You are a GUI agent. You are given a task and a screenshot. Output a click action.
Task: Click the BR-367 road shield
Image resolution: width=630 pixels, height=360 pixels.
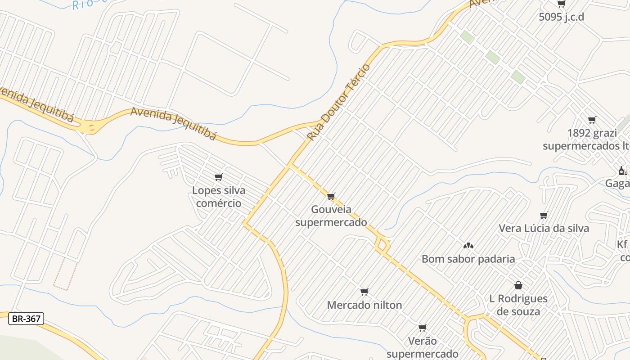point(26,319)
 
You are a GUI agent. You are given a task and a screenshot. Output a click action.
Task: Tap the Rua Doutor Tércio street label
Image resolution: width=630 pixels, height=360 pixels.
point(339,102)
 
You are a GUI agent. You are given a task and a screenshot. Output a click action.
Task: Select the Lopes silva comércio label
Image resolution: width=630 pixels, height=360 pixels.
point(219,197)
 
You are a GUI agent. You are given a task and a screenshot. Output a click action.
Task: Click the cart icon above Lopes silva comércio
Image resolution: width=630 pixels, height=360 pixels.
point(219,177)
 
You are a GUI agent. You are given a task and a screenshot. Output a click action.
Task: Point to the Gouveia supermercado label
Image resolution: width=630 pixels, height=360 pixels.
point(331,216)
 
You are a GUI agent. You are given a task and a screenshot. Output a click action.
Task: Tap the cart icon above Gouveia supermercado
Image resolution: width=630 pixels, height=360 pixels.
point(331,196)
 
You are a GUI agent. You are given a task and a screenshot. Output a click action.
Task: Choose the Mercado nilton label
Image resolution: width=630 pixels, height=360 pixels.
point(364,305)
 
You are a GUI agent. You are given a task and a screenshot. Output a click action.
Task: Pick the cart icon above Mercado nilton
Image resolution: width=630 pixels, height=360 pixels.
point(364,292)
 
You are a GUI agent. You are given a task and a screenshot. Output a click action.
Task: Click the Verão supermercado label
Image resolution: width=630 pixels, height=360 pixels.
point(422,347)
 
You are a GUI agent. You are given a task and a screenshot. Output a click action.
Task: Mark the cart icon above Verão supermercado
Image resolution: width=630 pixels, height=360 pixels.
point(422,328)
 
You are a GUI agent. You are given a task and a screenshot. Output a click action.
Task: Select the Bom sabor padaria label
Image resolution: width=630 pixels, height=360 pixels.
point(468,259)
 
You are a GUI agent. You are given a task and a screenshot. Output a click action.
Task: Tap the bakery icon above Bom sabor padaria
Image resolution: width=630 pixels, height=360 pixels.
point(468,246)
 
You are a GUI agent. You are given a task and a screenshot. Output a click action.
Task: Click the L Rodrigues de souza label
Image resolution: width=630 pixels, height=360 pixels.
point(518,305)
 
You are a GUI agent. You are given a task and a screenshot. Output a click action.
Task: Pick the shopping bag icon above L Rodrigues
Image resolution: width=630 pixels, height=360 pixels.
point(518,285)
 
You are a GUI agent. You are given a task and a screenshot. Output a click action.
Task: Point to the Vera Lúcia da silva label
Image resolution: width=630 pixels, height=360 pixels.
point(544,228)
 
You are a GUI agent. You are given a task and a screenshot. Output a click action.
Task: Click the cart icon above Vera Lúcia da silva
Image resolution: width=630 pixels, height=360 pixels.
point(544,215)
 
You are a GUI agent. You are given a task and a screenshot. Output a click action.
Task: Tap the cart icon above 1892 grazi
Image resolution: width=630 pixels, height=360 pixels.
point(592,120)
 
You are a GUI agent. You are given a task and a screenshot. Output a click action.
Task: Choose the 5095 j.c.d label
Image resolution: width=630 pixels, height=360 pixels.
point(561,17)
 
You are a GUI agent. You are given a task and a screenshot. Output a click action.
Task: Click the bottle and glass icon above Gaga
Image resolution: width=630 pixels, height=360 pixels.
point(623,171)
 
